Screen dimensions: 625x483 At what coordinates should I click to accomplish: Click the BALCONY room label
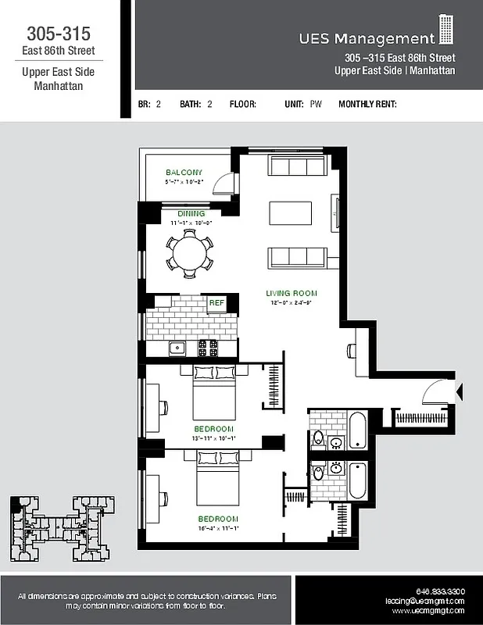[184, 173]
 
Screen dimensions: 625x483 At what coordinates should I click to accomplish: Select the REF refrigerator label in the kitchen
[216, 302]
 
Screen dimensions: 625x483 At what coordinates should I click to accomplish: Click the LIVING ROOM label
[291, 293]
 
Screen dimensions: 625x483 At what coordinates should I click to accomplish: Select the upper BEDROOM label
[214, 429]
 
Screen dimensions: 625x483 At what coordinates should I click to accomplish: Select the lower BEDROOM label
[218, 519]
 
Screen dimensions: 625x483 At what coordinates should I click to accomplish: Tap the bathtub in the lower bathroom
[357, 480]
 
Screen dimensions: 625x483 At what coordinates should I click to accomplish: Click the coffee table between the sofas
[290, 212]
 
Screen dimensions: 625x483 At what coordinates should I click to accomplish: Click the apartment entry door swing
[437, 391]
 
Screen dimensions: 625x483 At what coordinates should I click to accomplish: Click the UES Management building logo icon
[446, 30]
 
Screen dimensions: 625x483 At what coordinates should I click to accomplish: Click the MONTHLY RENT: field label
[367, 104]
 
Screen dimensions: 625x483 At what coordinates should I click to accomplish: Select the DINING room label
[191, 214]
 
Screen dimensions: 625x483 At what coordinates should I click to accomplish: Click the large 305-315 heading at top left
[59, 34]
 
